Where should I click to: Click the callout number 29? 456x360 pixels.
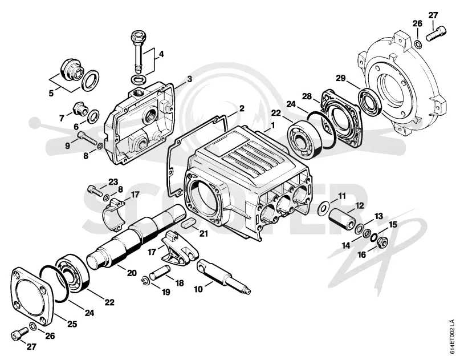[x=340, y=78]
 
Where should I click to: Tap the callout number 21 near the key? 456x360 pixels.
[x=203, y=233]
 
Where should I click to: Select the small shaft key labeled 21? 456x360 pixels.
[x=188, y=224]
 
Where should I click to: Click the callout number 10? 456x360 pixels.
[x=198, y=289]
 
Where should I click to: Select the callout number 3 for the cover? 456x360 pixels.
[x=190, y=79]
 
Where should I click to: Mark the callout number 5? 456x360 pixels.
[x=51, y=94]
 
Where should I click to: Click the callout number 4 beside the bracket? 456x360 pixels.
[x=161, y=54]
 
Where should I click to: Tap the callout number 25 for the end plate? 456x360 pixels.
[x=72, y=323]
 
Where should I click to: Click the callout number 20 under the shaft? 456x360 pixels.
[x=132, y=273]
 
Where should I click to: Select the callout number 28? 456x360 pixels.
[x=307, y=96]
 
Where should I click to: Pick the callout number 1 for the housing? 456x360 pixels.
[x=272, y=126]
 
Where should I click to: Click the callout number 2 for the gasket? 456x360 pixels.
[x=242, y=108]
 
